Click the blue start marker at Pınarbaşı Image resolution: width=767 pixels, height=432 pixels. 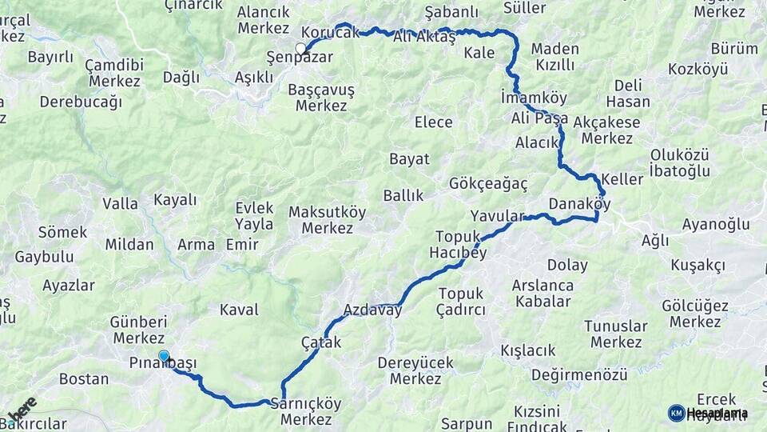[x=164, y=356]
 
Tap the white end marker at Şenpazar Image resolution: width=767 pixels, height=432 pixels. [x=301, y=48]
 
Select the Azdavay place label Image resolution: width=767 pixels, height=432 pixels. [x=372, y=310]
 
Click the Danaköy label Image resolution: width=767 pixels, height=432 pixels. [x=580, y=204]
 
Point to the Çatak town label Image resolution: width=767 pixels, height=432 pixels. [x=321, y=342]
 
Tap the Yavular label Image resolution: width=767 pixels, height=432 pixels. [x=497, y=216]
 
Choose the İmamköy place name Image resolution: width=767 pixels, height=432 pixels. [x=534, y=98]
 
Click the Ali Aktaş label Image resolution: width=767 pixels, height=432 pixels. [x=424, y=36]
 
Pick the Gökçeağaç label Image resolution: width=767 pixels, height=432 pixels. [x=489, y=184]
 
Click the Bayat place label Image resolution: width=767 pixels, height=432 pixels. [x=409, y=158]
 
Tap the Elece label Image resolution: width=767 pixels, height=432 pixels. [x=433, y=122]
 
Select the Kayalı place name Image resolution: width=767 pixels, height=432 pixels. [x=175, y=200]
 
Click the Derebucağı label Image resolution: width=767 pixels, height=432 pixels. [x=81, y=102]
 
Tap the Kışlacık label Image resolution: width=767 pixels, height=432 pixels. [x=527, y=350]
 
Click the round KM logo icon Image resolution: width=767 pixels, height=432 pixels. [x=676, y=413]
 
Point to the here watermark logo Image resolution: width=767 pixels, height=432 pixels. [x=22, y=410]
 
